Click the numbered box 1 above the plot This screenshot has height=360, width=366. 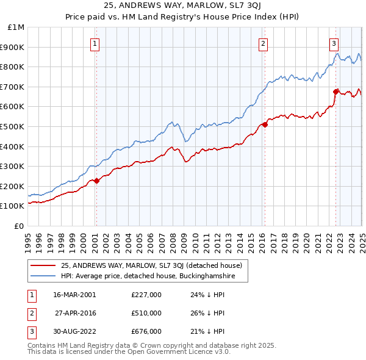96,43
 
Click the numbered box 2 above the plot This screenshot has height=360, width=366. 263,43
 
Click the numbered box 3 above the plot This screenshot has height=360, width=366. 334,43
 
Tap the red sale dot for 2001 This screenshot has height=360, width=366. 96,181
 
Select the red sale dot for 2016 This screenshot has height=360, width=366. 265,124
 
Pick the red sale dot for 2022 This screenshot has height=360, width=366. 335,92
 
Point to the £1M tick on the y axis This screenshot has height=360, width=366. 16,27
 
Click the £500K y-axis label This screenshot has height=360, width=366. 15,126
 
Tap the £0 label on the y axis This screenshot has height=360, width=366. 19,226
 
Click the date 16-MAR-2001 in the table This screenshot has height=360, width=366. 74,294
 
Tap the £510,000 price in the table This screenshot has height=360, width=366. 146,313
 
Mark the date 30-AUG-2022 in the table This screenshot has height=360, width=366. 74,331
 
